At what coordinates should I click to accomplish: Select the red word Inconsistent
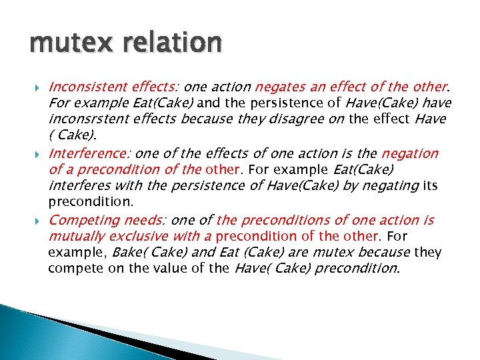click(x=87, y=87)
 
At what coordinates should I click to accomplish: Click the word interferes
click(x=79, y=185)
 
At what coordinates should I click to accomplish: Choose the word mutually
click(x=75, y=236)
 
